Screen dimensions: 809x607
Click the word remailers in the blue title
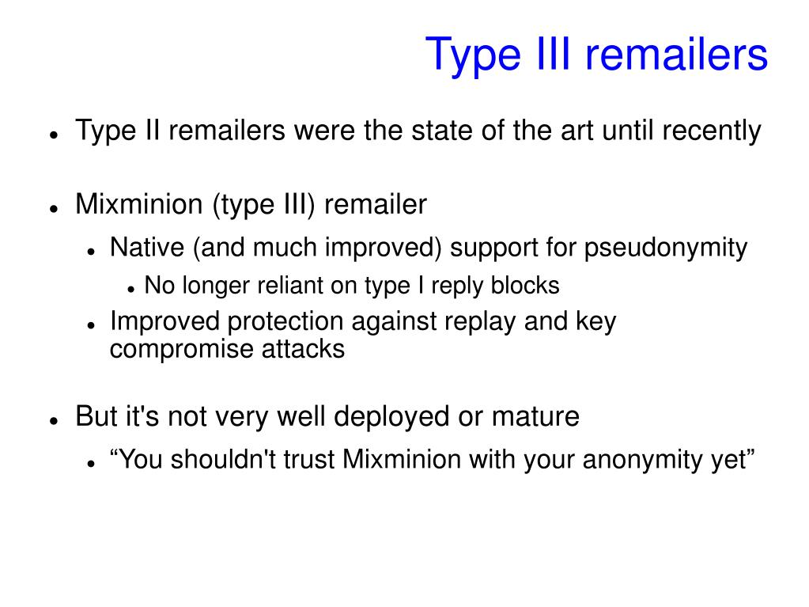(676, 54)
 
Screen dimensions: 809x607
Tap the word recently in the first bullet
(712, 130)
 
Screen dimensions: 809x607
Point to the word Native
(147, 247)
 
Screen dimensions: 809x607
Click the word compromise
(182, 350)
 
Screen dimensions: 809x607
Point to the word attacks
(303, 349)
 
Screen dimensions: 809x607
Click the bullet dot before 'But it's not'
(53, 421)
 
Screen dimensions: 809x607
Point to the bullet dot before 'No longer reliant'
(131, 290)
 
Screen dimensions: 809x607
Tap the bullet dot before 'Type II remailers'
(53, 135)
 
